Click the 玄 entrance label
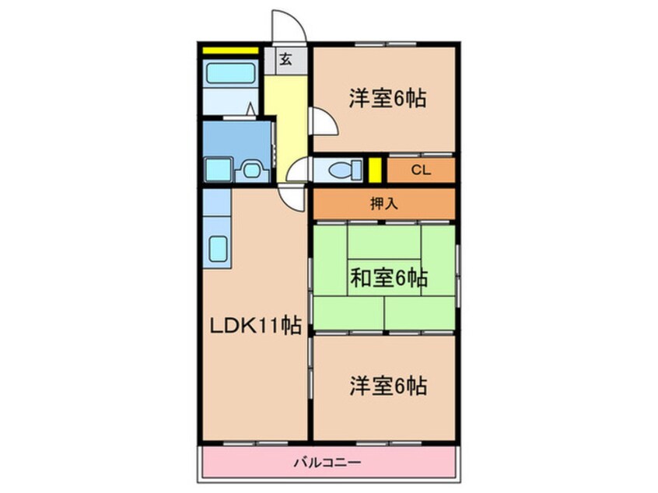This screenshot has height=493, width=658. click(285, 60)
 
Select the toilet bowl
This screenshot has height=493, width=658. click(342, 169)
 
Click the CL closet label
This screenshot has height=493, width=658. click(420, 170)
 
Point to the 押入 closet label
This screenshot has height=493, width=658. click(383, 204)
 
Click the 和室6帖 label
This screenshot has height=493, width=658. click(387, 278)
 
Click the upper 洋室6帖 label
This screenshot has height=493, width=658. click(387, 99)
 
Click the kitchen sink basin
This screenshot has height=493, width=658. click(217, 250)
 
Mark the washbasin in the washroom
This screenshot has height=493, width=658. click(250, 169)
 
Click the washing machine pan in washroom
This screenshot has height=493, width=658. click(215, 169)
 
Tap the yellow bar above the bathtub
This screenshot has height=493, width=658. click(230, 51)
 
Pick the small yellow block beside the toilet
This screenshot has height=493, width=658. click(374, 169)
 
